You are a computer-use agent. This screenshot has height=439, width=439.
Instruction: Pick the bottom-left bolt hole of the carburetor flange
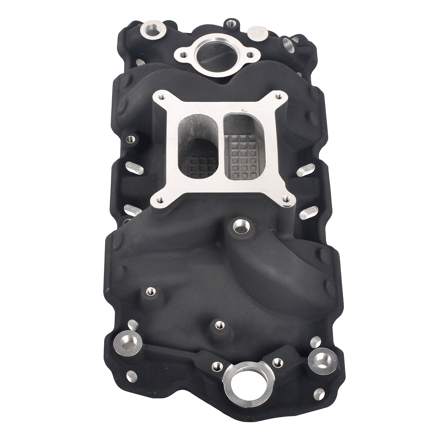161,199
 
